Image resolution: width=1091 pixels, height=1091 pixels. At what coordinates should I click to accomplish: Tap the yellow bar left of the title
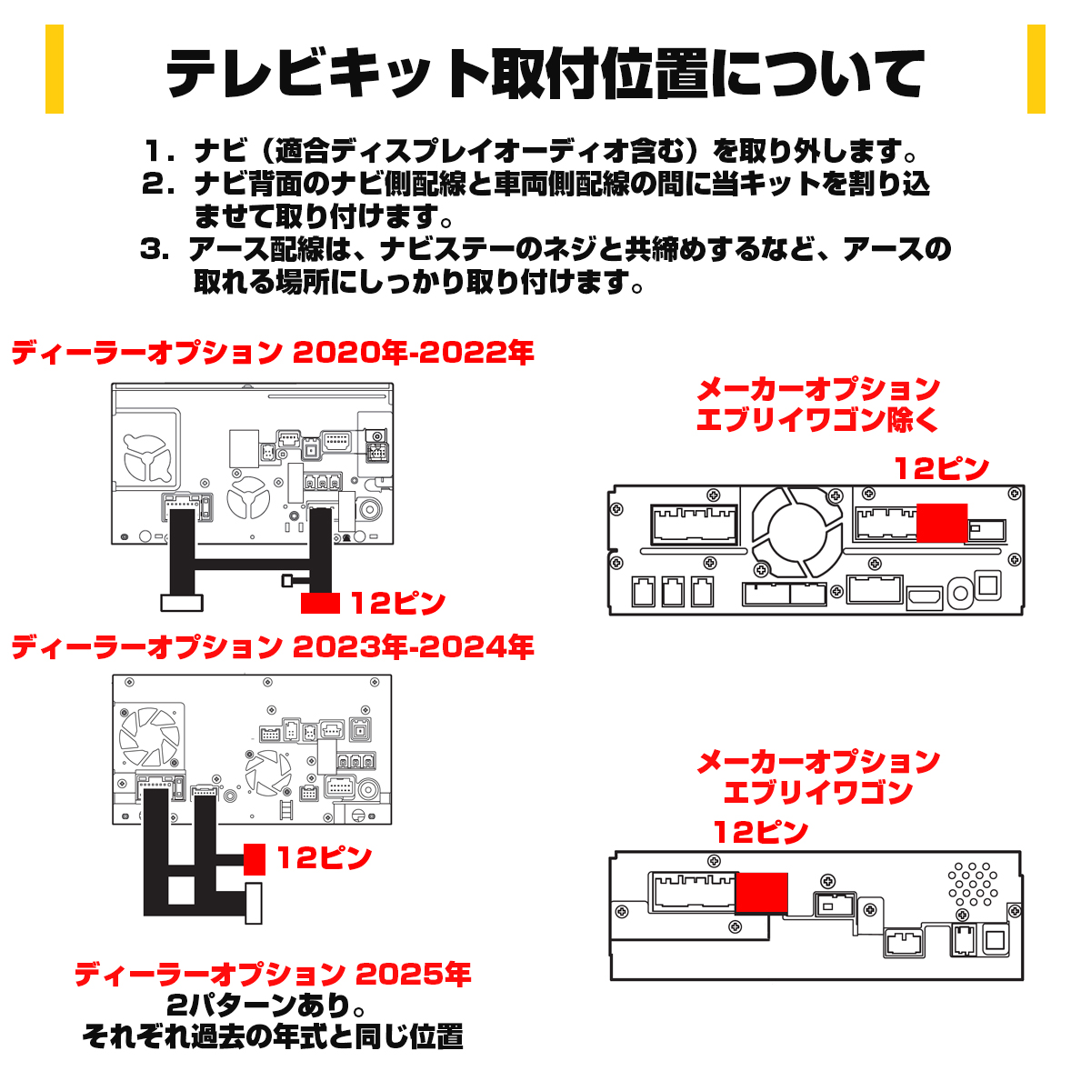click(55, 69)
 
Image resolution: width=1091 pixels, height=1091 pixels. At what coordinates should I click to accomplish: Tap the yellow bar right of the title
click(1036, 69)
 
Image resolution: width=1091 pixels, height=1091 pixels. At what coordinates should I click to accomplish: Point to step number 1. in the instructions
click(159, 151)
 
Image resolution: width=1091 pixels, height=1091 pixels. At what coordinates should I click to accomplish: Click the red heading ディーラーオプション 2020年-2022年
click(272, 353)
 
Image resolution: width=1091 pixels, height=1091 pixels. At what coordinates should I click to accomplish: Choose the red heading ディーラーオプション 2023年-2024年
click(272, 647)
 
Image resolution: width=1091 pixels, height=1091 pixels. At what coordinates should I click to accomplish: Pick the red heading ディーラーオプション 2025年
click(272, 975)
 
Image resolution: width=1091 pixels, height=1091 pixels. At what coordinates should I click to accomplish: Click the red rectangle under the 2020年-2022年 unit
click(320, 603)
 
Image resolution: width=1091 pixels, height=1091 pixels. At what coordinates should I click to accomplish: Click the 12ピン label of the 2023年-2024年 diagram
click(324, 858)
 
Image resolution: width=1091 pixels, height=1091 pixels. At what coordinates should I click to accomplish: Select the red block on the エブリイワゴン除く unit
click(942, 523)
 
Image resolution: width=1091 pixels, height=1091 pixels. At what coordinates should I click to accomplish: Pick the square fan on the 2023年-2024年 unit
click(152, 736)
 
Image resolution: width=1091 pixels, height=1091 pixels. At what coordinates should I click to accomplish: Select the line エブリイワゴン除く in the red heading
click(817, 420)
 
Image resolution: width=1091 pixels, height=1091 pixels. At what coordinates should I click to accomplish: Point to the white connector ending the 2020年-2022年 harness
click(182, 602)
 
